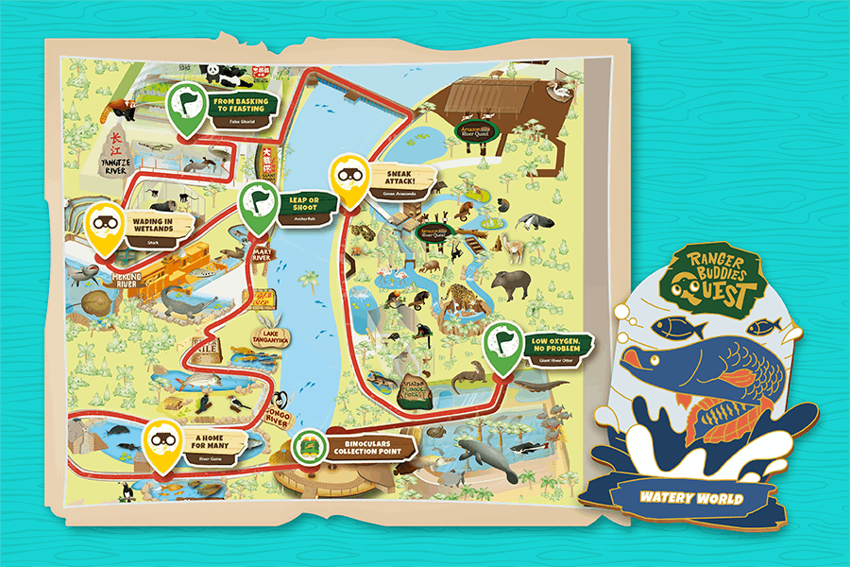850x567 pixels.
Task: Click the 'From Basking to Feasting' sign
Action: (240, 105)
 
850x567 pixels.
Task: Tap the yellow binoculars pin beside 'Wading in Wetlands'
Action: (106, 227)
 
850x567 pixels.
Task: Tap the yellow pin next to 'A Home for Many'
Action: (162, 443)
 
